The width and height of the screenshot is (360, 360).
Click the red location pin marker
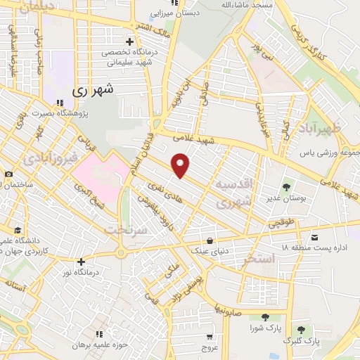point(181,165)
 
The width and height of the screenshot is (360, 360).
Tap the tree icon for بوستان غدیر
point(287,187)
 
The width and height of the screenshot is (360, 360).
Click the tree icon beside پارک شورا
point(264,317)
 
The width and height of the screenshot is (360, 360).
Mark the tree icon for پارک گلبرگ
point(300,330)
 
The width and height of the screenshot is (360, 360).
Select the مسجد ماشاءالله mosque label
point(240,5)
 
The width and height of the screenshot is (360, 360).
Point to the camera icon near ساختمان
point(8,174)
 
